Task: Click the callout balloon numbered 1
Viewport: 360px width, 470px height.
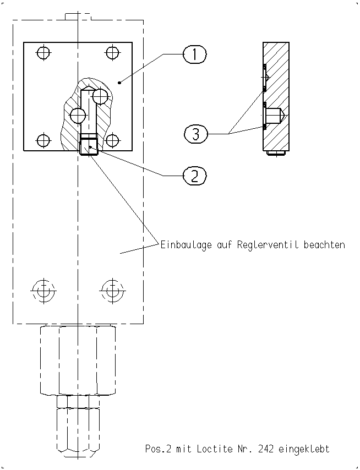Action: point(194,54)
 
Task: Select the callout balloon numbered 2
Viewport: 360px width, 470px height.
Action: point(194,176)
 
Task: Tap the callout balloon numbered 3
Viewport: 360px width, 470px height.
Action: point(196,134)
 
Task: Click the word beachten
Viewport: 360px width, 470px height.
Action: point(324,244)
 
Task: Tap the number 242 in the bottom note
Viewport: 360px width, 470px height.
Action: point(265,449)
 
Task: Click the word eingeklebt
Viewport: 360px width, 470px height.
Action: point(304,449)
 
